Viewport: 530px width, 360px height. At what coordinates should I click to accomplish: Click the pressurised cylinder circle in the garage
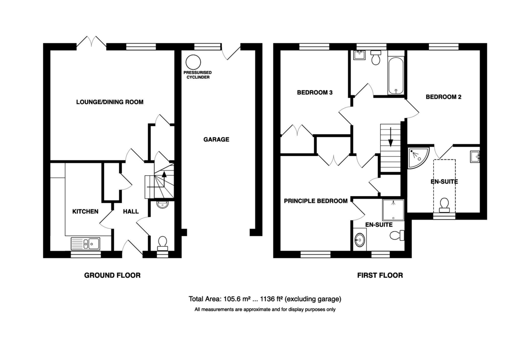point(193,62)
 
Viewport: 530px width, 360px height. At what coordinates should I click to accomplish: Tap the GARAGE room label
point(216,140)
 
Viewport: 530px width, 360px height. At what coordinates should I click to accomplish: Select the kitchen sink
point(85,243)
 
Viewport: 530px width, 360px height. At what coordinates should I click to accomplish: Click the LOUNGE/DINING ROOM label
point(110,102)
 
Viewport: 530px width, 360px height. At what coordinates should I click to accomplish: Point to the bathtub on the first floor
point(396,76)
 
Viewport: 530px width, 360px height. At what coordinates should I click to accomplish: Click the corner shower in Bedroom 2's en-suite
point(418,157)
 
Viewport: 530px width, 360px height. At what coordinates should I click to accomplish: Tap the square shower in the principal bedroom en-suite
point(393,210)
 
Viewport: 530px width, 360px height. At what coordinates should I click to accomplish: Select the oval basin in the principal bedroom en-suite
point(360,240)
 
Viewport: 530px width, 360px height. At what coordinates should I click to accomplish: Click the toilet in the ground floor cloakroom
point(163,243)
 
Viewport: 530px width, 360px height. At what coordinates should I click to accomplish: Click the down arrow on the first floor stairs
point(390,137)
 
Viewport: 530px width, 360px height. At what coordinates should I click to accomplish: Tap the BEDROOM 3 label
point(314,92)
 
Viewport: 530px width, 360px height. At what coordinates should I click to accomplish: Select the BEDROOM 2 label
point(443,97)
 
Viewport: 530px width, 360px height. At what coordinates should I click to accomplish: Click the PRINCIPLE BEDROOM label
point(316,201)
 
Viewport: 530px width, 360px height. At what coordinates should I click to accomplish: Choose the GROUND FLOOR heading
point(112,275)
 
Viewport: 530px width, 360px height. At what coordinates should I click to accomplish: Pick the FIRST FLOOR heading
point(380,275)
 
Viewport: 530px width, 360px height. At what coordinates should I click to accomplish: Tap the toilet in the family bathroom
point(375,57)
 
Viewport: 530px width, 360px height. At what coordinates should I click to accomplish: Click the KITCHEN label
point(85,211)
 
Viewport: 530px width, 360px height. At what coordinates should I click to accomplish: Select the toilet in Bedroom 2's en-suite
point(444,205)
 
